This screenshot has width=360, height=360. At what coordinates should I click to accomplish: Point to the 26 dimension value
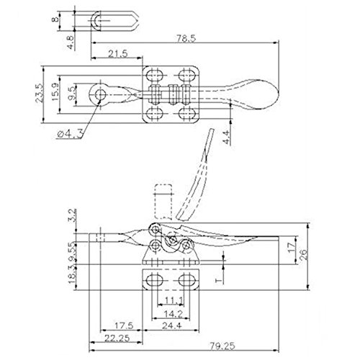pyautogui.click(x=306, y=253)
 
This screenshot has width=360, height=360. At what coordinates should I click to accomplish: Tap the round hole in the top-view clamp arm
pyautogui.click(x=98, y=94)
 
